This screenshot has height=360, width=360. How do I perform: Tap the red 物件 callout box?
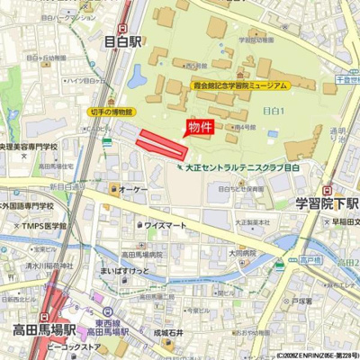click(201, 127)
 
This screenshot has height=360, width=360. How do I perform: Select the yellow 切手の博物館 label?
click(112, 112)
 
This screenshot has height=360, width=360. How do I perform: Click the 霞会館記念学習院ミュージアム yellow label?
click(240, 85)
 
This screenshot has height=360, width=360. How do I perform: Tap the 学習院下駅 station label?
click(327, 204)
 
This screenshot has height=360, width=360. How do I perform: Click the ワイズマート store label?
click(166, 225)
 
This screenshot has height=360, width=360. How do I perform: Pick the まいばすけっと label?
click(124, 270)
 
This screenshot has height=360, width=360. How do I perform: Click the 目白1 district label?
click(273, 109)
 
